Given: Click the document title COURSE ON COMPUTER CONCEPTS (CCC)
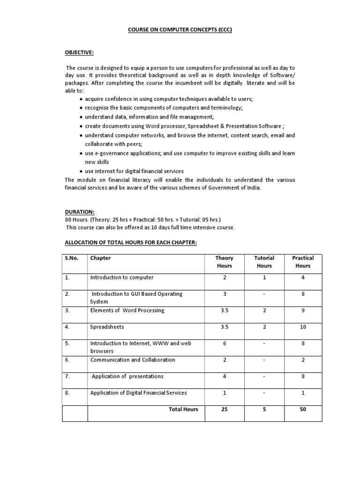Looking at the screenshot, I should [x=180, y=30].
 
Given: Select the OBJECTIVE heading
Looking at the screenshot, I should [x=79, y=53].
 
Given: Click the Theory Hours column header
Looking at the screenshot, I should [x=224, y=262].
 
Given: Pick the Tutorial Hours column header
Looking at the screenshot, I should [x=264, y=262].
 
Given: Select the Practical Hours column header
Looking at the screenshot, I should [x=303, y=262].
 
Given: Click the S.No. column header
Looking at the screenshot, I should [x=72, y=258].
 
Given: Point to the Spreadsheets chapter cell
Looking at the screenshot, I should [x=107, y=327].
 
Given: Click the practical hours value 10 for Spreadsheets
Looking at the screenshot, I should [x=303, y=327].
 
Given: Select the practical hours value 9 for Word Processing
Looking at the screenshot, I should [x=303, y=310].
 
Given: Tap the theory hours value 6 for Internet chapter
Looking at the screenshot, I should [x=225, y=343].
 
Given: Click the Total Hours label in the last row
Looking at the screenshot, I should [x=183, y=409].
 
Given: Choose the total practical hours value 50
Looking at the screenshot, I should [x=303, y=409].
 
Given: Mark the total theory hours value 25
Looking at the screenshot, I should [x=225, y=409].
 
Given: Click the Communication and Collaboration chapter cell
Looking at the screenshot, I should [x=133, y=360].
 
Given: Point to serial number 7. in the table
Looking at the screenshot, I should [x=67, y=376].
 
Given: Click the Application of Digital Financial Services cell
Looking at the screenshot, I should [x=139, y=393].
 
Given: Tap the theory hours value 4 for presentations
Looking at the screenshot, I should [x=225, y=376].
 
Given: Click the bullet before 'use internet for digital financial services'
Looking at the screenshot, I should [x=82, y=172].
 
